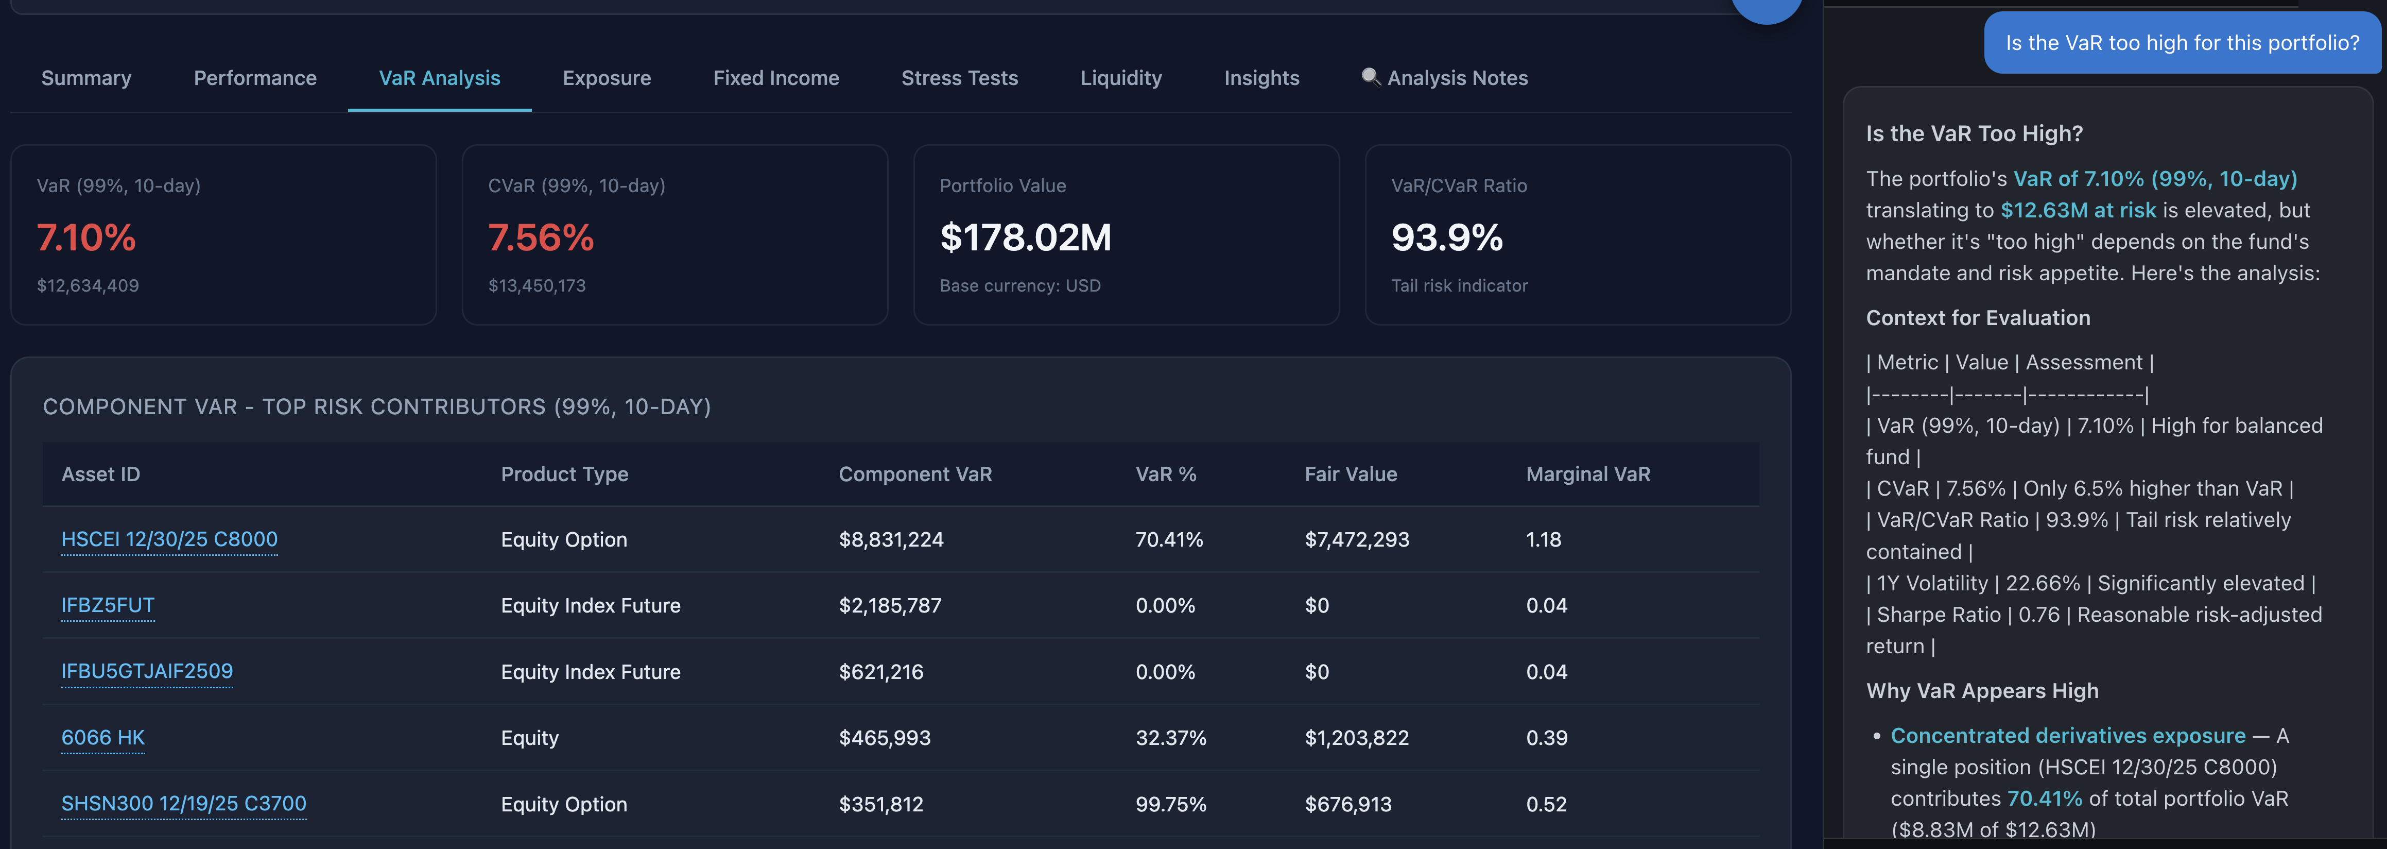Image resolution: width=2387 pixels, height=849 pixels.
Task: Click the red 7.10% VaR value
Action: click(x=86, y=238)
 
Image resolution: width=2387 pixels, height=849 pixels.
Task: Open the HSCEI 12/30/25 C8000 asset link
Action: click(x=169, y=539)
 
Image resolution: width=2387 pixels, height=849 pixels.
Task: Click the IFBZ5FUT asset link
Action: click(x=108, y=605)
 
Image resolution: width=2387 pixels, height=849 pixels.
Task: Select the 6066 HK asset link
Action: click(x=103, y=738)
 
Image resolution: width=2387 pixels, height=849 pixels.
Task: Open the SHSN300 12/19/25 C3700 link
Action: click(x=183, y=804)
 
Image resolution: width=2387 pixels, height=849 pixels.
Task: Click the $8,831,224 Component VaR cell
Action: click(x=891, y=539)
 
